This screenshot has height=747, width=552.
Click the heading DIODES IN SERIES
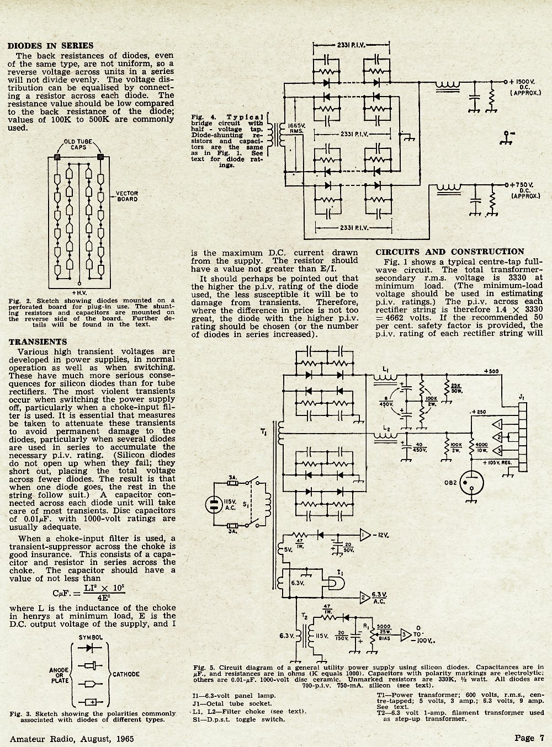51,45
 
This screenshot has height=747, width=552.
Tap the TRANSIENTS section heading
38,342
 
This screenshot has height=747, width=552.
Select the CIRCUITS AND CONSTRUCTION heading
450,252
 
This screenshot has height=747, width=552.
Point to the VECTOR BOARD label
127,196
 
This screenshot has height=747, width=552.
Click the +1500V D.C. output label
525,87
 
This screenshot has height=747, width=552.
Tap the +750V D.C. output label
525,190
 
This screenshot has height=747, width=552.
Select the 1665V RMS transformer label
296,129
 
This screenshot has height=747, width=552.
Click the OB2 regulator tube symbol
471,483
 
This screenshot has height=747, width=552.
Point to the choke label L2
386,429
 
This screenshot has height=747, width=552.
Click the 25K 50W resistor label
456,388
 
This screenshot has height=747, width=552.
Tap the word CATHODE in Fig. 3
126,674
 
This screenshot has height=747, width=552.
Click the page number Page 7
529,738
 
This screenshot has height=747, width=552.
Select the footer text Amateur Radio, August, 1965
72,739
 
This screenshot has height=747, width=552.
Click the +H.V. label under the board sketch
79,293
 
